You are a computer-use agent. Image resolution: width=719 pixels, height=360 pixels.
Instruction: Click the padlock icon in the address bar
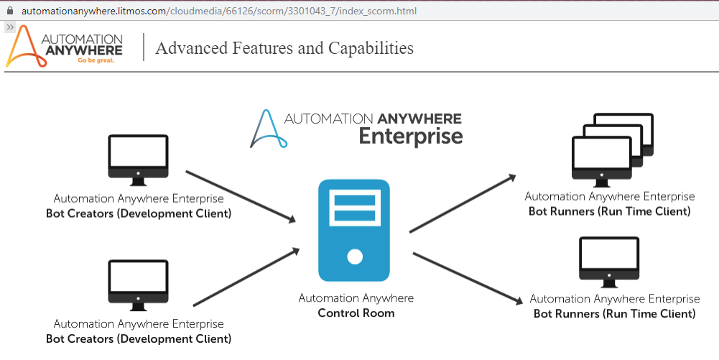point(9,11)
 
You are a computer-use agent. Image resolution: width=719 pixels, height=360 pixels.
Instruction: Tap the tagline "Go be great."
point(96,60)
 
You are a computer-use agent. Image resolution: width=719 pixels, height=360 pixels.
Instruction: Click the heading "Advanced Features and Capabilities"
point(284,48)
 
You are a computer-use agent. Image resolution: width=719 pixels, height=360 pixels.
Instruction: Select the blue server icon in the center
point(354,231)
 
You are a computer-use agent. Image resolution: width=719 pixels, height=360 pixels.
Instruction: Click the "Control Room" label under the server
point(356,313)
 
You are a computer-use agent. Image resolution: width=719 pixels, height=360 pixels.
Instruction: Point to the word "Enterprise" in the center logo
point(410,135)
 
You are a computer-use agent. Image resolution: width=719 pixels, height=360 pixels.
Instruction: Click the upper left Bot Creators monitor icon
point(138,157)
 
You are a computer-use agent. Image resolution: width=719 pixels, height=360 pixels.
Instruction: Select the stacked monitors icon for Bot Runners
point(612,147)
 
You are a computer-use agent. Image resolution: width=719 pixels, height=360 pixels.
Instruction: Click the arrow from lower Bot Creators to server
point(246,277)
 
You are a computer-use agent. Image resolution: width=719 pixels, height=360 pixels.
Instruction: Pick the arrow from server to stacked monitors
point(463,203)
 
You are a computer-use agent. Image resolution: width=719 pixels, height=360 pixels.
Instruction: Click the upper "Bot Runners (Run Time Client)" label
point(609,211)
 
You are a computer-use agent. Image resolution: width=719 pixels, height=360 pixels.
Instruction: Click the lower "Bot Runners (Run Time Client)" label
point(614,314)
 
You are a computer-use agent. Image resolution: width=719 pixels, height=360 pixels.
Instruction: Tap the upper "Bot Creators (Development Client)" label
point(139,213)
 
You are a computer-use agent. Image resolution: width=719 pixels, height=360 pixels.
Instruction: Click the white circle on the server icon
point(354,256)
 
